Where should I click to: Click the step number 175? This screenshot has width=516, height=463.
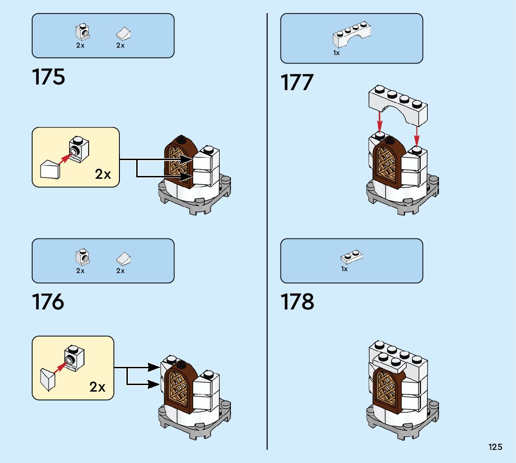coord(49,77)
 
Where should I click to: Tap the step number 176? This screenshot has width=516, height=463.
coord(48,302)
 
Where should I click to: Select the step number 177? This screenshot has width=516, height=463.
coord(297,83)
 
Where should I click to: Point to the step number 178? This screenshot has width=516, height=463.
coord(297,302)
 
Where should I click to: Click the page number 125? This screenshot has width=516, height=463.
coord(495,447)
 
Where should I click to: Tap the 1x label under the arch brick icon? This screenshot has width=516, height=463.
coord(336,53)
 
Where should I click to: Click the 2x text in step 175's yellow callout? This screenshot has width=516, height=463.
coord(103,175)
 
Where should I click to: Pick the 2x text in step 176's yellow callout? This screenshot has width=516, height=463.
coord(98,387)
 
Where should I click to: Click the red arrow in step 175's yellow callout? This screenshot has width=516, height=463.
coord(67,157)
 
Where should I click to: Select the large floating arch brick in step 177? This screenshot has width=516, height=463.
coord(397,106)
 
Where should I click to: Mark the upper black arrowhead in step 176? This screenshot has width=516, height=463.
coord(154,367)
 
